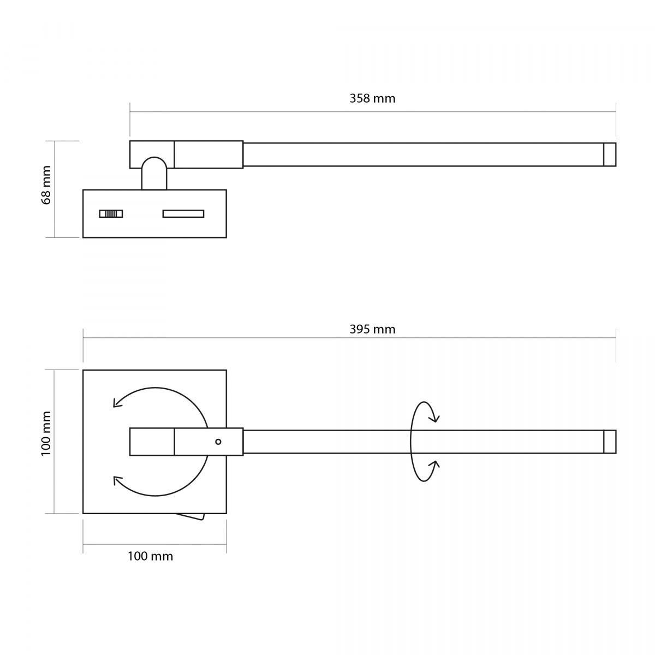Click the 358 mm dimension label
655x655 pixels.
point(372,99)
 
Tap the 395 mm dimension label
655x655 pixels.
point(372,329)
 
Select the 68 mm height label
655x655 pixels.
point(46,185)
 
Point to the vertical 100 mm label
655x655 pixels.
point(46,433)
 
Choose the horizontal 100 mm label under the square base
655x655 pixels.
point(150,556)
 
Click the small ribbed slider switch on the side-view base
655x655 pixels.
point(111,213)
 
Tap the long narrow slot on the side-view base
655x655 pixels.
point(183,213)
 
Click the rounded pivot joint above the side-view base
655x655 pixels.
point(154,173)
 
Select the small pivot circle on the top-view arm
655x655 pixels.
point(218,442)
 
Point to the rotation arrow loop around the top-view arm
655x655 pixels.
point(411,442)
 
